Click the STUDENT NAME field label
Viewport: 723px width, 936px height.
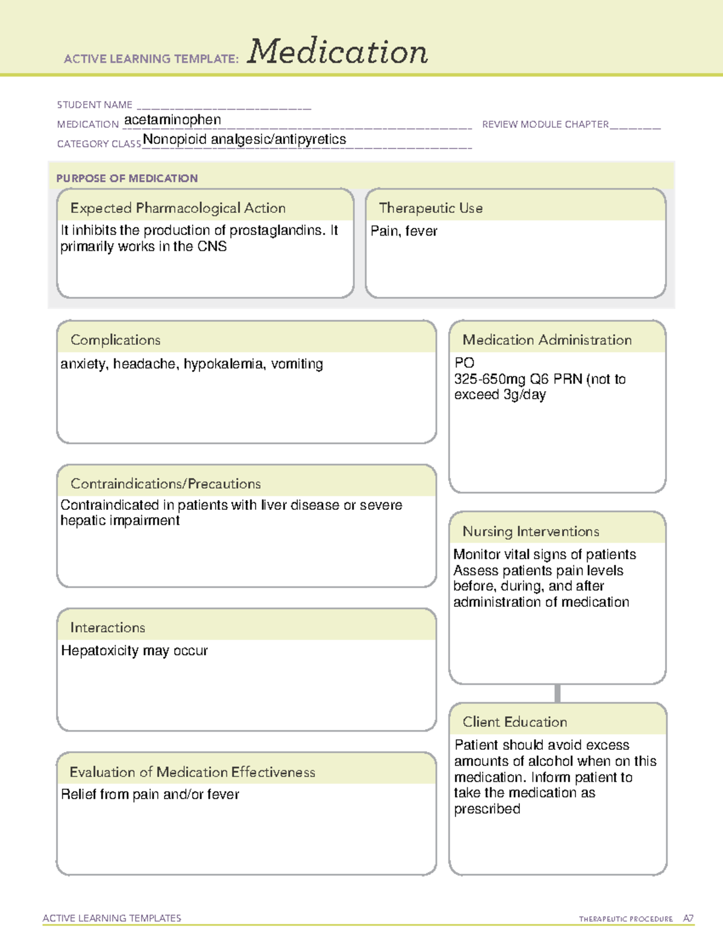point(95,105)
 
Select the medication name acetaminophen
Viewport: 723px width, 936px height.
point(172,120)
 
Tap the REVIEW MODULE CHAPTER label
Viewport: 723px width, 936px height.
point(545,124)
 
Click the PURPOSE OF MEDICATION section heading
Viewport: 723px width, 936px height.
point(127,178)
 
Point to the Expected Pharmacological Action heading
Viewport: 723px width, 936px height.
point(178,208)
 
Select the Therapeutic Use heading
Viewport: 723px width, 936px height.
point(430,208)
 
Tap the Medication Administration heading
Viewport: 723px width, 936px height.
point(546,340)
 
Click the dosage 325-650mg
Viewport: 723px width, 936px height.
point(489,379)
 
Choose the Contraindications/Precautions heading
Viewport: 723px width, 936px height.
point(165,484)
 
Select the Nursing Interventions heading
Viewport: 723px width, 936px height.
point(530,532)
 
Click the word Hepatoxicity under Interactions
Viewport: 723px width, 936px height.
point(99,651)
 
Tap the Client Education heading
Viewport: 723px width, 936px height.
point(515,722)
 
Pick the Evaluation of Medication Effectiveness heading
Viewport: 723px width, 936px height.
point(192,772)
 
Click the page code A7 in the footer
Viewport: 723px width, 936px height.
point(687,919)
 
